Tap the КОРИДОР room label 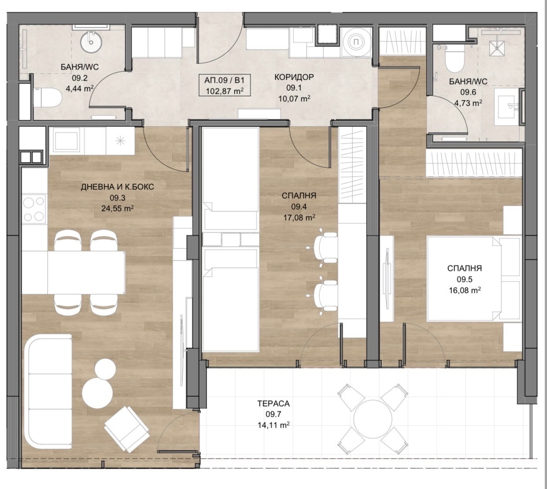pyautogui.click(x=294, y=77)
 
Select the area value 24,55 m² pyautogui.click(x=118, y=208)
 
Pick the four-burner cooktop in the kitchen pyautogui.click(x=33, y=208)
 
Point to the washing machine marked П pyautogui.click(x=356, y=42)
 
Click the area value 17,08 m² pyautogui.click(x=299, y=218)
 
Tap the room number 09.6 pyautogui.click(x=468, y=92)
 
